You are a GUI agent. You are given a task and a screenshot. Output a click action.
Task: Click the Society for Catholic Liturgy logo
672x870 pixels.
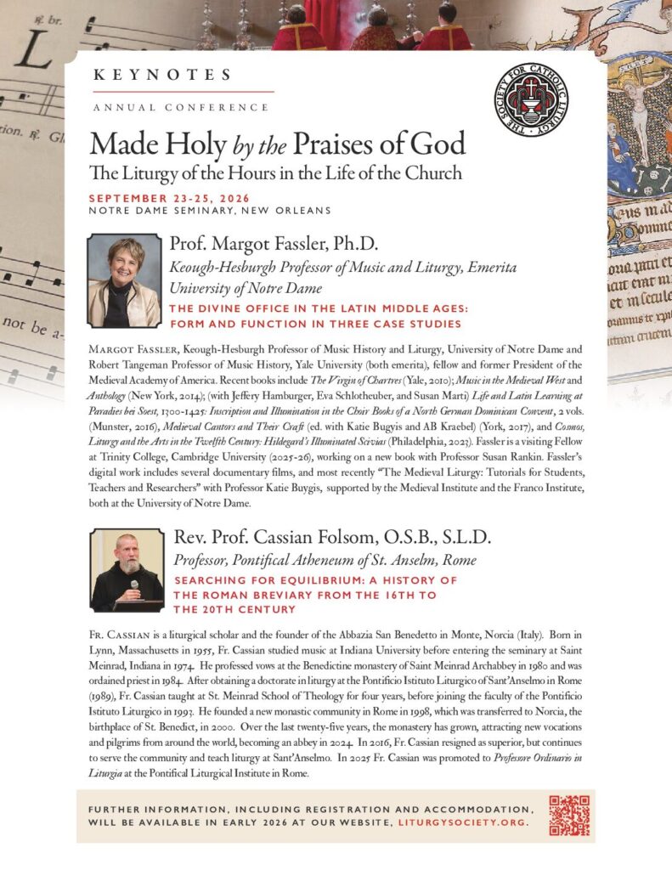point(530,100)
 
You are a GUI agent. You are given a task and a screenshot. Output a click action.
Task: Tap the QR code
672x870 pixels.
point(568,815)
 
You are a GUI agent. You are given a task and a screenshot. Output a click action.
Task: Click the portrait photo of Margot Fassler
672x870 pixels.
point(125,281)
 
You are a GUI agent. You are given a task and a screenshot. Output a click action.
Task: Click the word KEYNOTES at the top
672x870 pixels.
point(161,75)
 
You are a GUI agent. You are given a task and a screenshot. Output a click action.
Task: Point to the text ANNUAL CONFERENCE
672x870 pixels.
point(181,108)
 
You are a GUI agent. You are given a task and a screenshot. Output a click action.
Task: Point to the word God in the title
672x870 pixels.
point(441,142)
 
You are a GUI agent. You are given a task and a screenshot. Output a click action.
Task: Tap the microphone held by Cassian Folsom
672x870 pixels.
point(134,586)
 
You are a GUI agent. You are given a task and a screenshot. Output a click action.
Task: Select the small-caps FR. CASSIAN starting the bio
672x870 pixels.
point(117,636)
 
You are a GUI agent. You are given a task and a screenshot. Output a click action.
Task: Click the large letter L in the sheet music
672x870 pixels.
point(31,55)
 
